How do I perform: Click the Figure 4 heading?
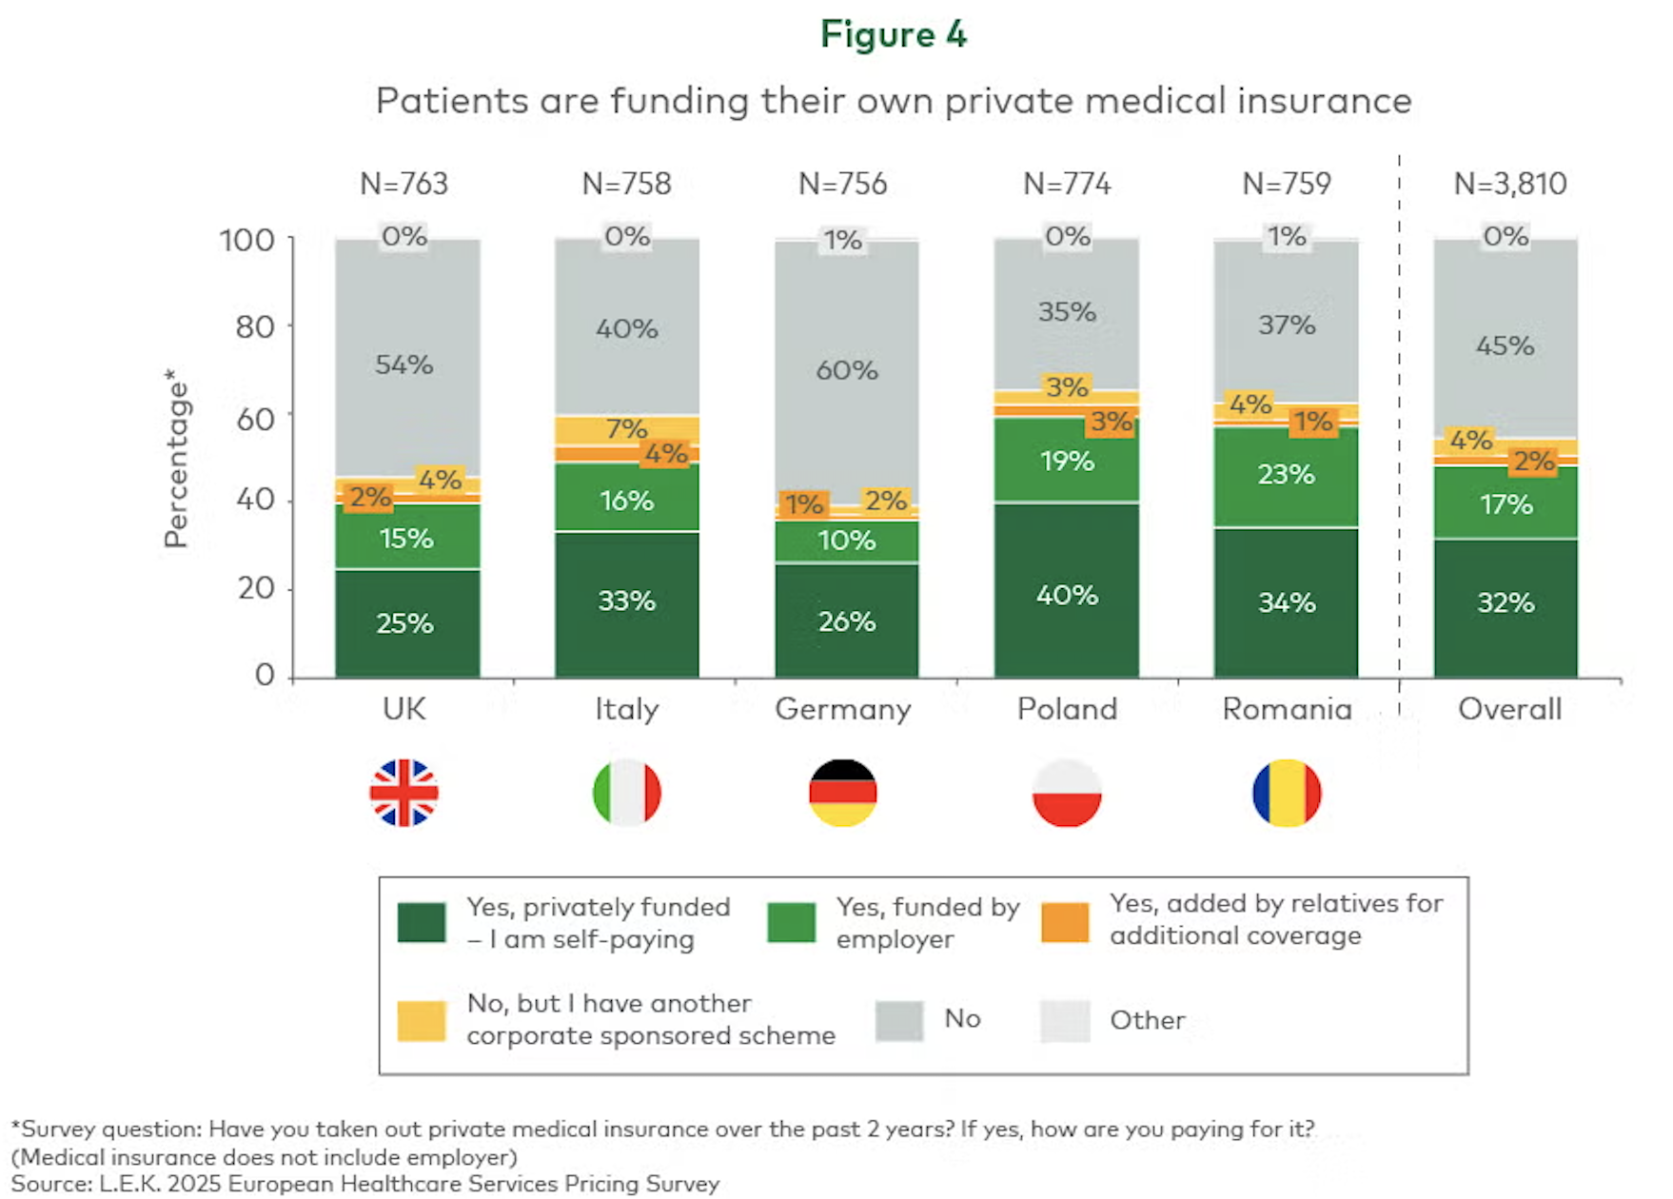coord(893,35)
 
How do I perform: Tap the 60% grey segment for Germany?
coord(846,370)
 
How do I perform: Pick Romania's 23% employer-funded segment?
coord(1286,475)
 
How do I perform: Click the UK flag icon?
coord(404,793)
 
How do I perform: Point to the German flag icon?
coord(843,793)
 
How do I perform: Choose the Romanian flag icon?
coord(1287,793)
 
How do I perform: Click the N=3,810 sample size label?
coord(1509,184)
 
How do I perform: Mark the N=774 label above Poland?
coord(1066,184)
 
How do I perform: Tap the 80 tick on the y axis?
coord(254,327)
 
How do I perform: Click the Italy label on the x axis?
coord(626,710)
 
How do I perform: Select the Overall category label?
coord(1509,710)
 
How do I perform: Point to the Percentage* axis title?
coord(176,460)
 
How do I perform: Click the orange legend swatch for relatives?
coord(1065,922)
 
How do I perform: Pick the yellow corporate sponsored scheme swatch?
coord(422,1021)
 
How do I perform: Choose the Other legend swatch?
coord(1065,1021)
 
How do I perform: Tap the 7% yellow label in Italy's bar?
coord(626,428)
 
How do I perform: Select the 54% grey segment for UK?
coord(404,364)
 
